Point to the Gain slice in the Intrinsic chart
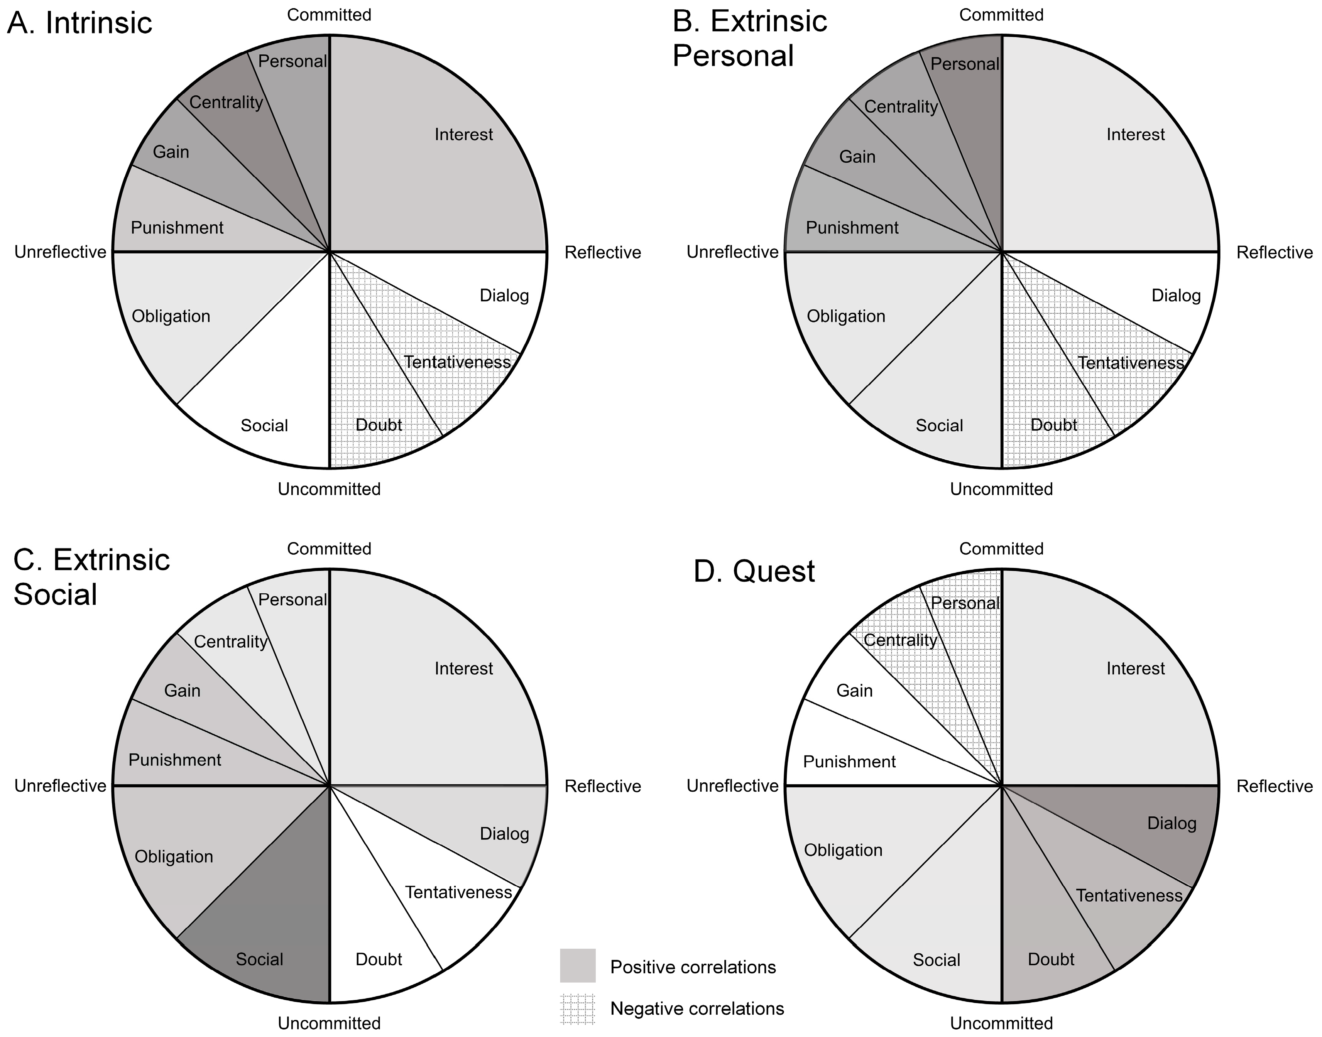(182, 152)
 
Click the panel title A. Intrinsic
(79, 23)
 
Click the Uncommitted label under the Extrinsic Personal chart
(1001, 489)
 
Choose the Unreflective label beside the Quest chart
(732, 785)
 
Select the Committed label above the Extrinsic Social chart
(329, 549)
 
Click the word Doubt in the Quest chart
(1051, 959)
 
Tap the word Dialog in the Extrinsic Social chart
(504, 834)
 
